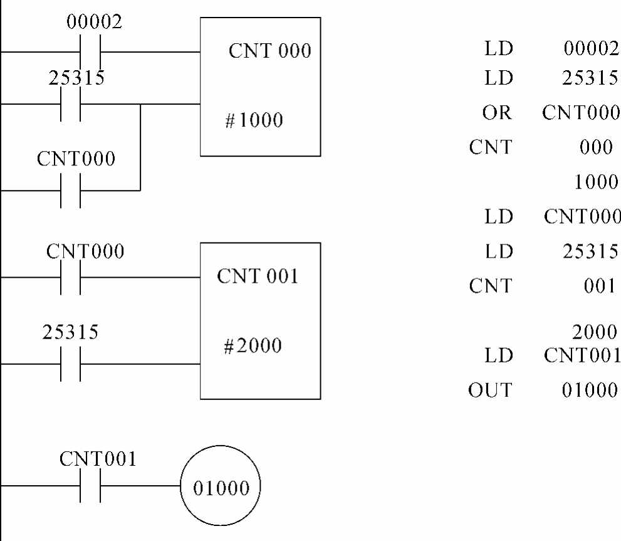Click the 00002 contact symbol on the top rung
click(x=90, y=51)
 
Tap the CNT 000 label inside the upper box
click(x=269, y=51)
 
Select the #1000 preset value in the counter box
click(x=254, y=120)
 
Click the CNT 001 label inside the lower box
click(x=258, y=276)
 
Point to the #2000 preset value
click(x=253, y=345)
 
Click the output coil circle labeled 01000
click(x=221, y=488)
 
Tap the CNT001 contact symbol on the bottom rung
click(x=90, y=486)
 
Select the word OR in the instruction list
click(x=498, y=113)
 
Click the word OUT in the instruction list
click(x=489, y=390)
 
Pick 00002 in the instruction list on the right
click(x=591, y=48)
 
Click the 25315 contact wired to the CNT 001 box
click(x=71, y=364)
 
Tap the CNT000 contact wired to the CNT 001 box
click(x=71, y=276)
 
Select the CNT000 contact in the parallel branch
click(x=71, y=190)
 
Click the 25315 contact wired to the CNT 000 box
click(x=71, y=103)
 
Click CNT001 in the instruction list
click(x=582, y=355)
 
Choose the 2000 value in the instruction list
click(x=596, y=331)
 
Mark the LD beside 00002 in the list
click(x=498, y=48)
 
